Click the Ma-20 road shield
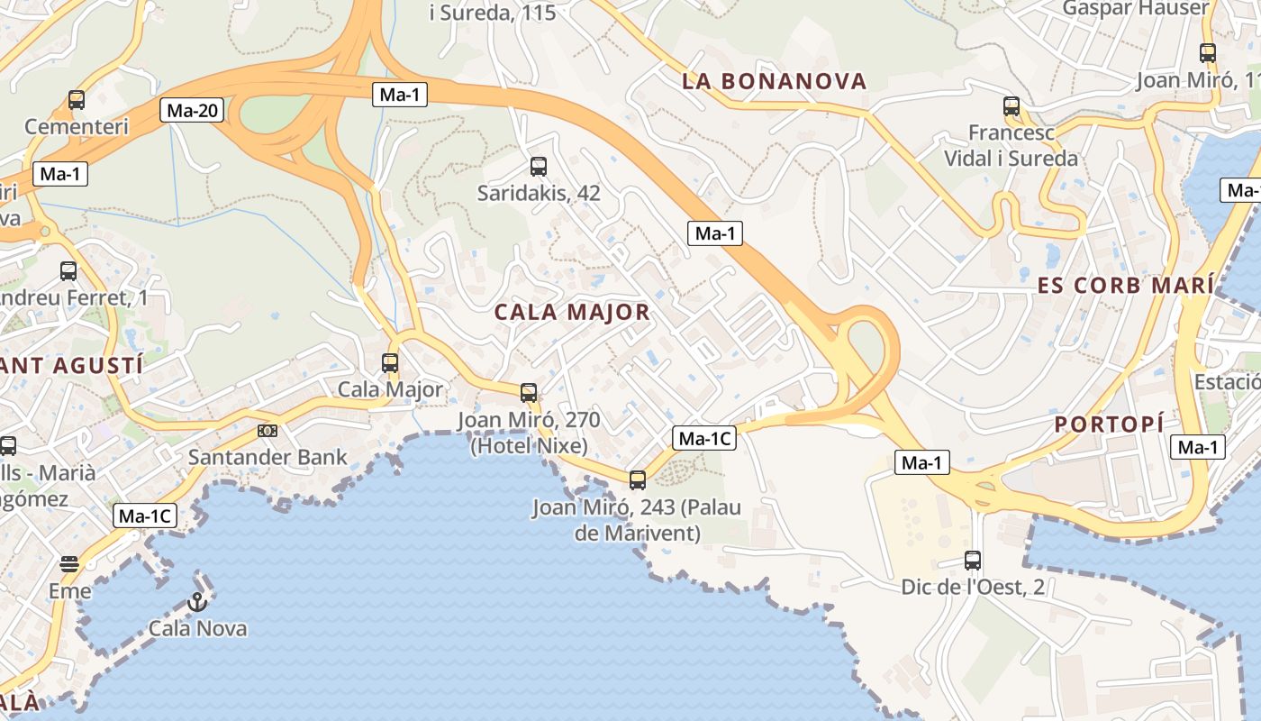click(194, 111)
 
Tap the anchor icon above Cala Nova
click(196, 601)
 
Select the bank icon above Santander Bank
click(268, 431)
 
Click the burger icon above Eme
click(69, 564)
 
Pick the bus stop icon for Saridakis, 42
click(539, 167)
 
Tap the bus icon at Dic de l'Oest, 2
click(973, 560)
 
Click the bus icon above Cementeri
click(77, 100)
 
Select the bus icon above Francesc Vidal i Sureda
click(1012, 106)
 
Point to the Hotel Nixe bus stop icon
click(529, 392)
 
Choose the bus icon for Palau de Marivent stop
click(638, 479)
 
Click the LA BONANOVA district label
click(775, 81)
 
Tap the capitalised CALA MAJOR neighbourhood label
click(572, 313)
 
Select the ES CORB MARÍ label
click(1125, 286)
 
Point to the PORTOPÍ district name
click(1109, 424)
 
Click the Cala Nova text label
click(198, 628)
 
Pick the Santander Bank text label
click(268, 457)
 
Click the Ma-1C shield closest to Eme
click(144, 516)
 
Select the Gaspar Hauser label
click(1136, 8)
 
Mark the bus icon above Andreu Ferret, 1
click(68, 270)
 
